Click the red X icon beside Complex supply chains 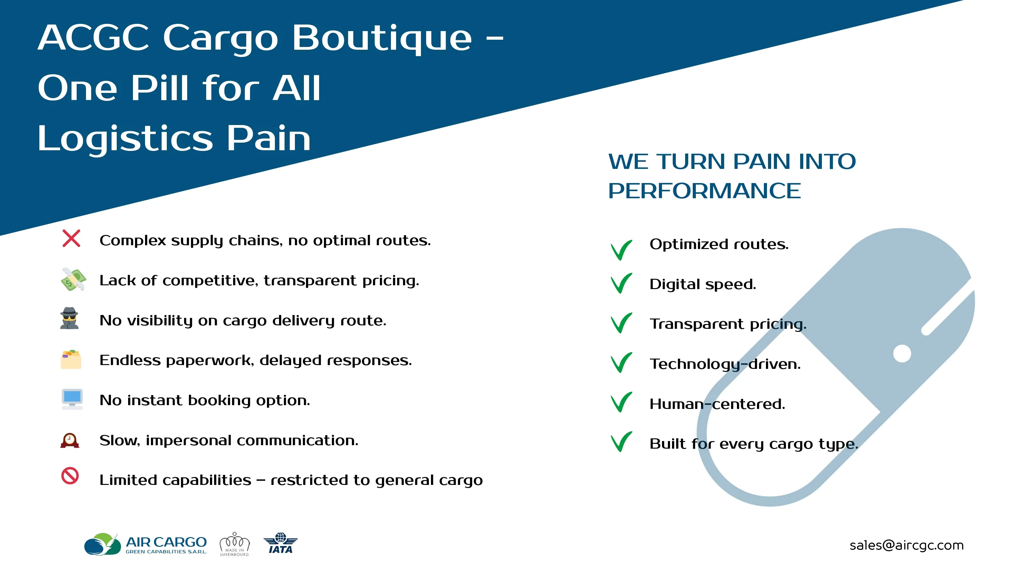point(71,238)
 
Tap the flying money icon point(73,279)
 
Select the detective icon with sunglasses point(69,318)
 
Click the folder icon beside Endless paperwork point(71,359)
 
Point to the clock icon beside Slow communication point(69,440)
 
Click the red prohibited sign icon point(70,476)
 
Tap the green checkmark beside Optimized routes point(621,250)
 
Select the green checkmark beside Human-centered point(621,402)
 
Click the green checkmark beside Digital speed point(621,283)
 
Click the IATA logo point(280,544)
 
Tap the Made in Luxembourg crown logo point(234,544)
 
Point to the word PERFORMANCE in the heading point(704,191)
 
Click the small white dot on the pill point(902,354)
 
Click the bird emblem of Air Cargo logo point(103,544)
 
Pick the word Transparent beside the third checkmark point(697,324)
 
